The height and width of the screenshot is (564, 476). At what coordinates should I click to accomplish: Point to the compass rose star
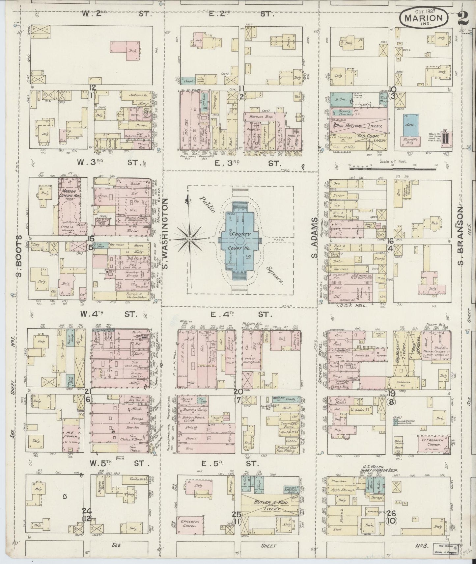pos(190,238)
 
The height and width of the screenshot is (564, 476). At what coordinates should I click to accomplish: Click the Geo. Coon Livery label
pos(368,135)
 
